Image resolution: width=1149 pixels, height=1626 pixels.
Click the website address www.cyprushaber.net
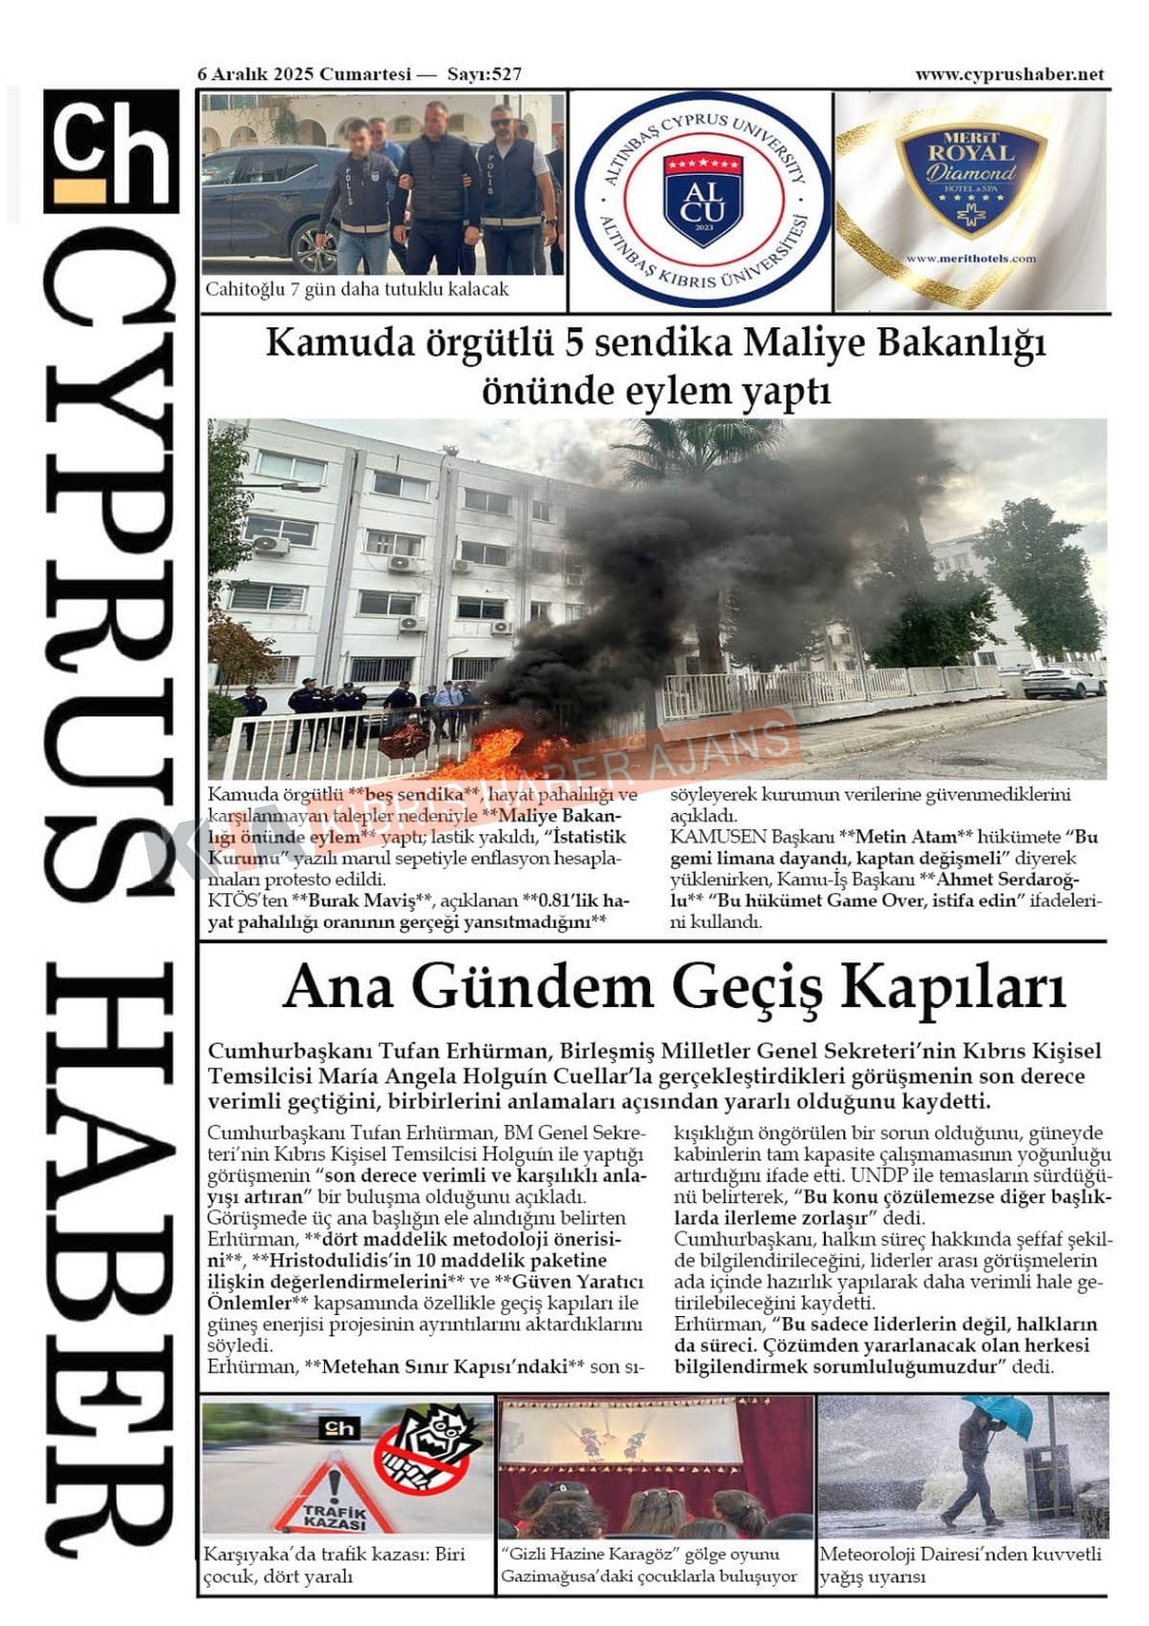[1009, 75]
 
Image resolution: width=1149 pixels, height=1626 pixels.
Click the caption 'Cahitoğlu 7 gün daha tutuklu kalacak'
[358, 289]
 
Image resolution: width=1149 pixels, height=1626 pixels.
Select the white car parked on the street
[1062, 683]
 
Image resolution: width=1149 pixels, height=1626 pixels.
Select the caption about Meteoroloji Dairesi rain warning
[961, 1565]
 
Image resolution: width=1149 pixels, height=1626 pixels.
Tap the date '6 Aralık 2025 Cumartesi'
[304, 75]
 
